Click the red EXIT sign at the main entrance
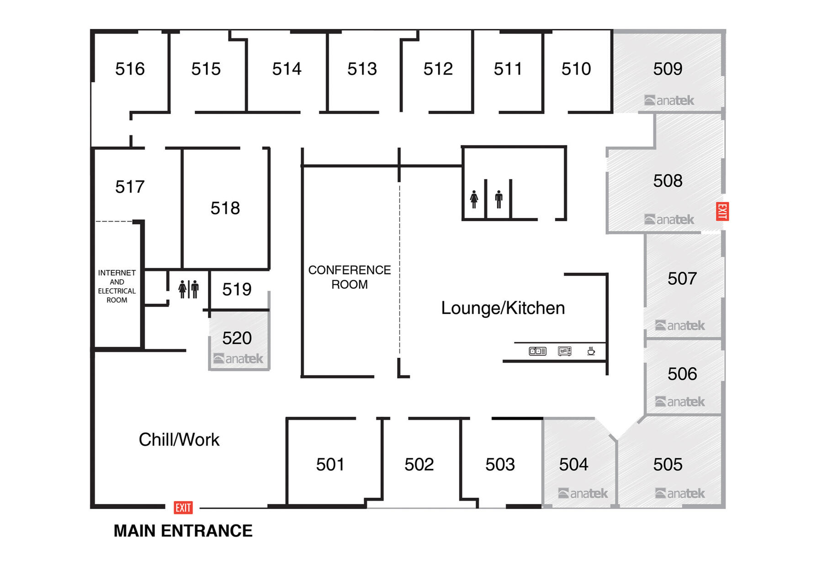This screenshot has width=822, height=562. [x=183, y=508]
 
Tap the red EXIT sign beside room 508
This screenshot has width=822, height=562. [x=722, y=211]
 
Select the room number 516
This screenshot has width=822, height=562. [x=130, y=69]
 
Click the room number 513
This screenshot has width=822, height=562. [x=362, y=69]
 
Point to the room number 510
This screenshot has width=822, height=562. [x=576, y=69]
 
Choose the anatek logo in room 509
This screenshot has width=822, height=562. [x=669, y=100]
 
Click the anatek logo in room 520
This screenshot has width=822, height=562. [x=238, y=359]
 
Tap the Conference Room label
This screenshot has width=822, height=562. [x=350, y=277]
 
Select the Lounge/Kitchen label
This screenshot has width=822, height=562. [x=503, y=308]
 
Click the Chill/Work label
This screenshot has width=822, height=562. [x=179, y=440]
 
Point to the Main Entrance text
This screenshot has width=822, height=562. [x=183, y=531]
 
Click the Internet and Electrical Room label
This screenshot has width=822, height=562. [x=117, y=286]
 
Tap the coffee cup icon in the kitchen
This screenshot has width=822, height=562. [x=591, y=351]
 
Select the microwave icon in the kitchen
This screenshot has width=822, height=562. [x=565, y=351]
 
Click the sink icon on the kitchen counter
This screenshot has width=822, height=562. [x=537, y=351]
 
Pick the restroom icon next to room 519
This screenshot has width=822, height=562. [x=189, y=289]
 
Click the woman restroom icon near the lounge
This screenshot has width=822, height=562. [x=474, y=199]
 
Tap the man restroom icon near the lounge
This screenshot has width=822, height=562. [x=499, y=199]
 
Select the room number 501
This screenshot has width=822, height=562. [x=330, y=465]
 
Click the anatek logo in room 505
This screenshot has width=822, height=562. [x=680, y=493]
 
